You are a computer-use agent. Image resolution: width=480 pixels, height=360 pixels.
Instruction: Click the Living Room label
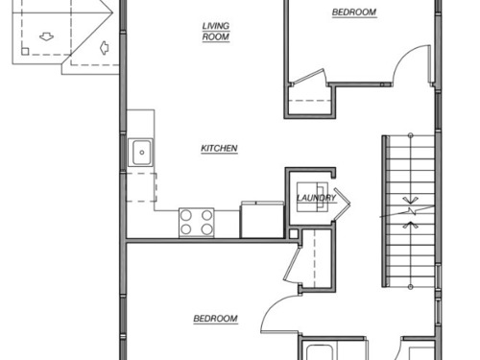coord(216,32)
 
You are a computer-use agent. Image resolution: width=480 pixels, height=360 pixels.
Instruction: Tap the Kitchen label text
coord(219,149)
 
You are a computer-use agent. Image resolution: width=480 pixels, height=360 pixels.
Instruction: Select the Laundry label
coord(316,198)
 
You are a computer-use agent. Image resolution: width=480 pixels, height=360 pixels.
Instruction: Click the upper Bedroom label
coord(354,12)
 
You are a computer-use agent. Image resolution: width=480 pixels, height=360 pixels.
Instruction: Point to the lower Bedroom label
coord(215,319)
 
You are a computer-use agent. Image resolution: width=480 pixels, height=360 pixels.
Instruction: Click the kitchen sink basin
coord(141,153)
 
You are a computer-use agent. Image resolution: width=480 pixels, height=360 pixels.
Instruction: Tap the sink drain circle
coord(142,153)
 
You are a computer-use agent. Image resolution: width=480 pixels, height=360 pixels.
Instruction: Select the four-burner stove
coord(197,223)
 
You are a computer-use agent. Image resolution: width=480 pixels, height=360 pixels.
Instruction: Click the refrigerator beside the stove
coord(262,220)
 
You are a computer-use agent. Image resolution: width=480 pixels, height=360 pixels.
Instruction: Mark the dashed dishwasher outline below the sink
coord(141,187)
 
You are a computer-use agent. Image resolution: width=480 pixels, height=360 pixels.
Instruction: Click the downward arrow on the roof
coord(46,36)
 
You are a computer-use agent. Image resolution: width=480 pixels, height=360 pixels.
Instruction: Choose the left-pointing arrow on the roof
coord(105,48)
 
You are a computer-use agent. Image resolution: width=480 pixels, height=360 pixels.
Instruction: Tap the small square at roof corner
coord(25,51)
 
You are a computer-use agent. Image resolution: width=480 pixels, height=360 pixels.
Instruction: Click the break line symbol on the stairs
coord(407,211)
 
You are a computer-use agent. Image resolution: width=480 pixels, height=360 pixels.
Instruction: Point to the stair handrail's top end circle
coord(411,135)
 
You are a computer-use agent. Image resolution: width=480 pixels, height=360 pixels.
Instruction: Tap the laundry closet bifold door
coord(342,203)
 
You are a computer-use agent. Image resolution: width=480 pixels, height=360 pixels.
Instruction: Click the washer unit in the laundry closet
coord(312,197)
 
